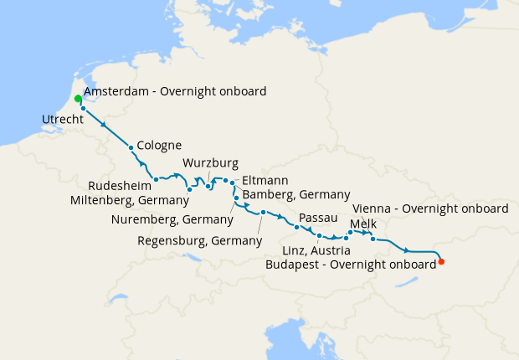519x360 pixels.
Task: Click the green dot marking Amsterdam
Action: [x=78, y=99]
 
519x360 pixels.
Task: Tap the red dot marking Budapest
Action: [x=441, y=262]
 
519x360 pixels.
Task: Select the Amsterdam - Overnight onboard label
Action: [x=175, y=91]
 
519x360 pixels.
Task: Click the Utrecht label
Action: [x=62, y=121]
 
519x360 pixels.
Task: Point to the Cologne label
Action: [x=159, y=145]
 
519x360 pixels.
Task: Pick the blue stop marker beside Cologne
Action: [x=131, y=148]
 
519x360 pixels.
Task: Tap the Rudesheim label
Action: [x=120, y=185]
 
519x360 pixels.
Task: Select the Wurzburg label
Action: [x=211, y=162]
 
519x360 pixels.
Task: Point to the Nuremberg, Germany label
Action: [x=172, y=219]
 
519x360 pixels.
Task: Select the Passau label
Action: [x=317, y=218]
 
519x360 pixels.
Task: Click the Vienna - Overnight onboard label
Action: [x=431, y=208]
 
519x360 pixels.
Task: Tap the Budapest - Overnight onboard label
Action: [x=350, y=263]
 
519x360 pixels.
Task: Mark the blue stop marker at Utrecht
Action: [x=83, y=109]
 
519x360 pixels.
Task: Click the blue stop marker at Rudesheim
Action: [x=157, y=179]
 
